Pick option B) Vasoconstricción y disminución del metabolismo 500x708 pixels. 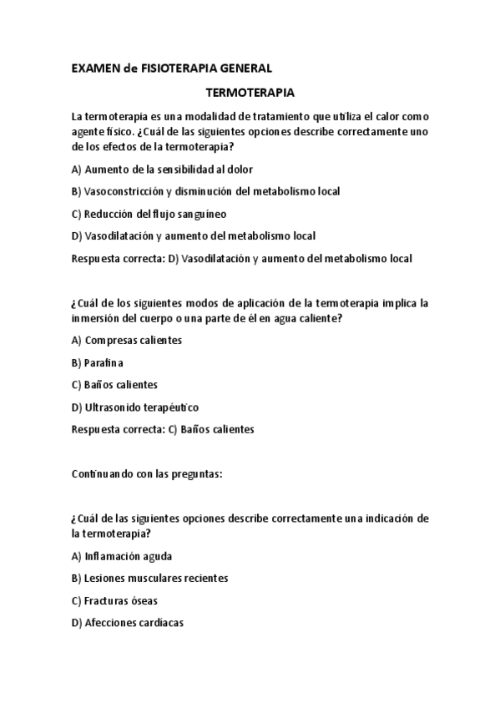pyautogui.click(x=205, y=191)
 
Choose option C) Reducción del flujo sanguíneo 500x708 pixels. pyautogui.click(x=149, y=214)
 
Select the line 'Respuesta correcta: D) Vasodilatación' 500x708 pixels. pyautogui.click(x=242, y=259)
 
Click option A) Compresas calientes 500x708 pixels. pyautogui.click(x=127, y=340)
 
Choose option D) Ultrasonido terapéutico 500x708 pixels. pyautogui.click(x=135, y=407)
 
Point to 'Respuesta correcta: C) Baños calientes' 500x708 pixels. pyautogui.click(x=163, y=430)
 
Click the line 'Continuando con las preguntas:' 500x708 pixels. pyautogui.click(x=147, y=474)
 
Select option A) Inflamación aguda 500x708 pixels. pyautogui.click(x=122, y=555)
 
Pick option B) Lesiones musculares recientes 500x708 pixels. pyautogui.click(x=150, y=578)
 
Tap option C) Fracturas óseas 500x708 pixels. pyautogui.click(x=115, y=600)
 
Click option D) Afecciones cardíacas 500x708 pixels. pyautogui.click(x=128, y=623)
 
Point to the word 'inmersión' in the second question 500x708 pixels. pyautogui.click(x=98, y=318)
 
